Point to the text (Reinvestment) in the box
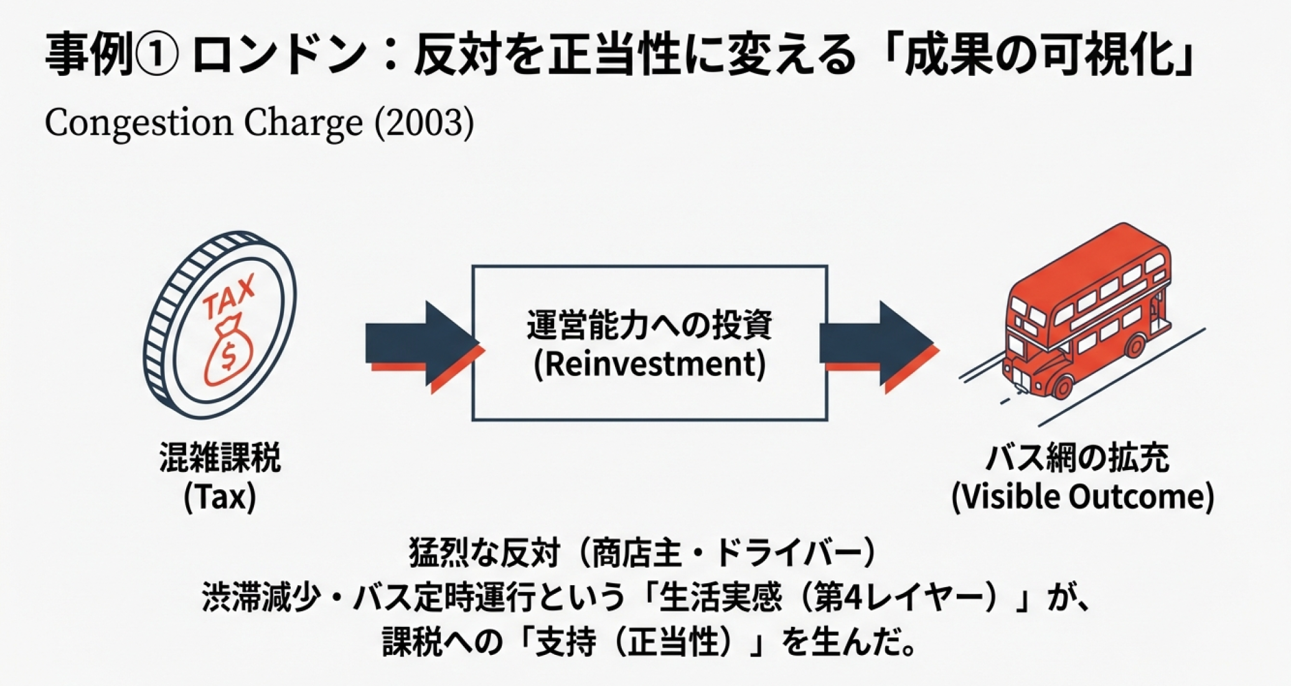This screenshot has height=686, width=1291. click(650, 364)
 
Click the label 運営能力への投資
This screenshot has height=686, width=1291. click(650, 325)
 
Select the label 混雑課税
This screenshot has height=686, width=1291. click(220, 458)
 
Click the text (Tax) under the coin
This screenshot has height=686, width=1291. click(220, 497)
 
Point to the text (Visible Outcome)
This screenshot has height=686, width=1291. click(1083, 497)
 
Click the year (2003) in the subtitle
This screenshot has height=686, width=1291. click(424, 122)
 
